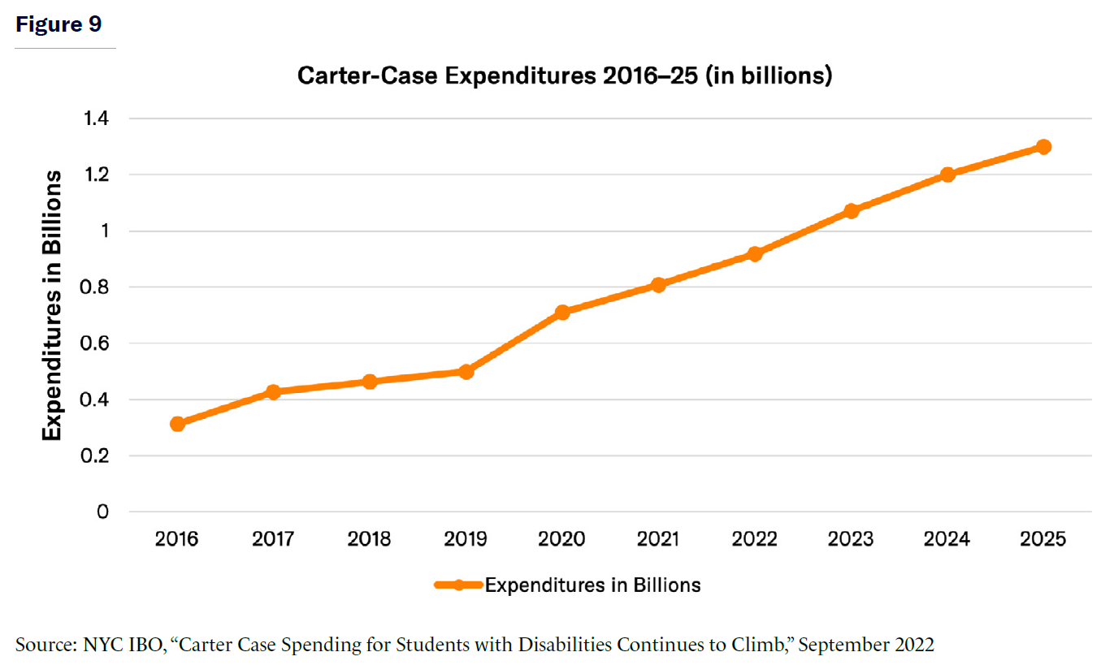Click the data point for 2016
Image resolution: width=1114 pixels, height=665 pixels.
tap(177, 424)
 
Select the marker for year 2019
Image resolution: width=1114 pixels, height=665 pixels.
tap(466, 372)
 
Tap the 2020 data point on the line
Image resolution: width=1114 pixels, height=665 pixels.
tap(561, 312)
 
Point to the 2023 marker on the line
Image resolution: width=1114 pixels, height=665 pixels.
tap(851, 211)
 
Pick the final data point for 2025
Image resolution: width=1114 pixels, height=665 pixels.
tap(1043, 147)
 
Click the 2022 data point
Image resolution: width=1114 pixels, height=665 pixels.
tap(755, 254)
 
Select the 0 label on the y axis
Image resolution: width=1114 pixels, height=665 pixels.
tap(102, 512)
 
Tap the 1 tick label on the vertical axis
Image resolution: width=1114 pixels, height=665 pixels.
tap(103, 231)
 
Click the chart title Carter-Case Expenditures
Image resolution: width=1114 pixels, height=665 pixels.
tap(564, 76)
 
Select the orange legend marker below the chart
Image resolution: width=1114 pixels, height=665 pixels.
tap(458, 585)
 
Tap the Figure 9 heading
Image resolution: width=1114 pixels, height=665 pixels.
tap(59, 24)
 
